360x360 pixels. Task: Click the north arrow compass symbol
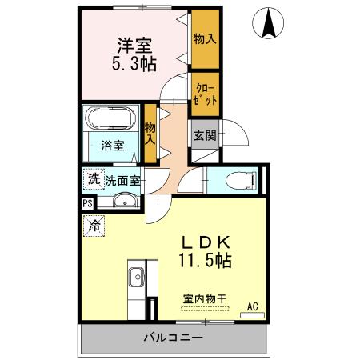click(270, 24)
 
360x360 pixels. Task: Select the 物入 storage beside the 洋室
click(204, 38)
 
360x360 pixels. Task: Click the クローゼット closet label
click(204, 90)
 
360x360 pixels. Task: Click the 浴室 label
click(113, 146)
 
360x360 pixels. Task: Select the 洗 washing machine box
click(94, 180)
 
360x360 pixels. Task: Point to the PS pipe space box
click(86, 204)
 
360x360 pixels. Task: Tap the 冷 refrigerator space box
click(94, 226)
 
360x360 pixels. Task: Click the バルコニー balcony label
click(174, 338)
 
